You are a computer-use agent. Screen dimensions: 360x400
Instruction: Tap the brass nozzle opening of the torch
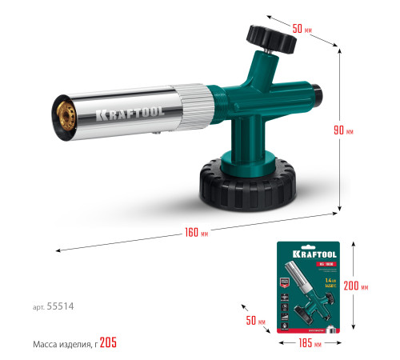tap(62, 113)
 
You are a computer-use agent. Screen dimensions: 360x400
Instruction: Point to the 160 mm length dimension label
tap(195, 234)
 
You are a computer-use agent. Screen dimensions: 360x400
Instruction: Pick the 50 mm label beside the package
tap(255, 321)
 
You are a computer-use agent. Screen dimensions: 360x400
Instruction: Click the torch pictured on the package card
tap(306, 297)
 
